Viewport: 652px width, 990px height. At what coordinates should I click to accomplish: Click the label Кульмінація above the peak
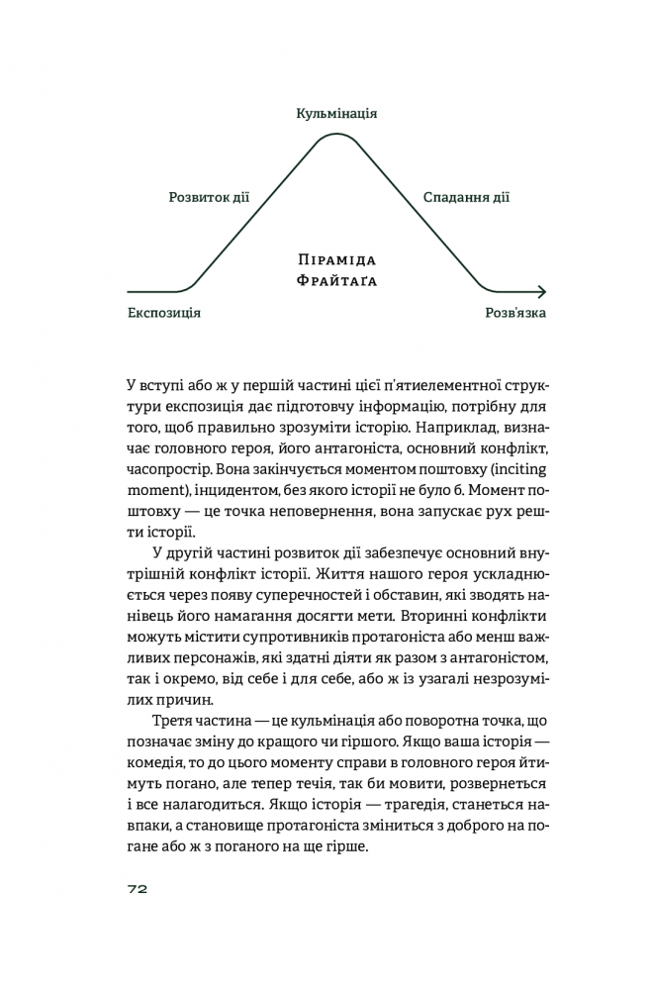click(x=336, y=114)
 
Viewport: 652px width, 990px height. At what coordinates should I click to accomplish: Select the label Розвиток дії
click(x=209, y=197)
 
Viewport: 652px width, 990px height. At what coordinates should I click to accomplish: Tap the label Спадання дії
click(x=466, y=197)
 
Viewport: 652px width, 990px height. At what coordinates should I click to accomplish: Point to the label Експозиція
click(x=164, y=313)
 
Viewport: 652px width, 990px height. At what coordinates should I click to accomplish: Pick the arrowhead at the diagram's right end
click(x=540, y=292)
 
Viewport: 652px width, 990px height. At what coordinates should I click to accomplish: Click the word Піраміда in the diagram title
click(x=337, y=259)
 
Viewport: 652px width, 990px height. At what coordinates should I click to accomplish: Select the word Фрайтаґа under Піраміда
click(x=337, y=281)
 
